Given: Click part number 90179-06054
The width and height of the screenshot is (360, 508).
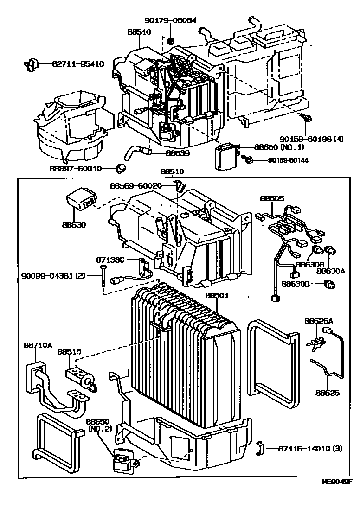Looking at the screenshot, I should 170,20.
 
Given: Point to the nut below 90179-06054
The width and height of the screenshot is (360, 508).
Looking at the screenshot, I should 171,40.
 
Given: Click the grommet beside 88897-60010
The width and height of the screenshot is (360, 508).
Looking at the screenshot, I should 122,167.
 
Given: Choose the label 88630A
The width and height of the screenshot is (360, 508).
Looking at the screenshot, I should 331,270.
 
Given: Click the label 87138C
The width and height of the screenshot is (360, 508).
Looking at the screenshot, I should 110,260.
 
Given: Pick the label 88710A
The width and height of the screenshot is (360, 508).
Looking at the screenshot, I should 38,345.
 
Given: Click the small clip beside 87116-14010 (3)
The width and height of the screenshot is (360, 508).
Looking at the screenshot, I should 260,448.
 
